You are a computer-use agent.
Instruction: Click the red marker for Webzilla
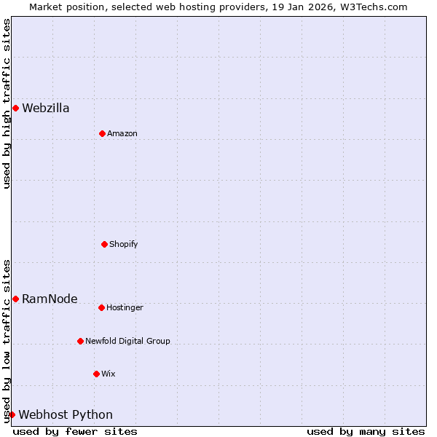point(15,108)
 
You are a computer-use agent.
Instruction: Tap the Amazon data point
point(102,133)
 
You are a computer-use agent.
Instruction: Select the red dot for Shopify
point(104,244)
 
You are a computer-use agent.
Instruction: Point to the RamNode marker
point(15,299)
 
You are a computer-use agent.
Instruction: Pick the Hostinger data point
point(101,307)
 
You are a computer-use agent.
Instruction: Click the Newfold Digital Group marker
point(80,341)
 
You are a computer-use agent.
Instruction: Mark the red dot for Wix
point(96,374)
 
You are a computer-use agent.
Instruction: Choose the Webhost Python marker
point(12,414)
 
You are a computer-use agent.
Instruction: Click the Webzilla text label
point(46,109)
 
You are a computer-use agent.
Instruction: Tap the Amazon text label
point(122,134)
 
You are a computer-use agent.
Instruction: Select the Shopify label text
point(124,245)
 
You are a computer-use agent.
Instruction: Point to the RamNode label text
point(50,299)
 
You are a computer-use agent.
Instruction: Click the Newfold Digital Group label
point(127,342)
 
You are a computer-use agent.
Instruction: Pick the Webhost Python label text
point(66,415)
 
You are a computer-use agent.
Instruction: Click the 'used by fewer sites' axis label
point(75,431)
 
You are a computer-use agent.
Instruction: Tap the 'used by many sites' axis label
point(366,431)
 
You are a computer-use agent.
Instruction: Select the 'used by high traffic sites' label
point(7,103)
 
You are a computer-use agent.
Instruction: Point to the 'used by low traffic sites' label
point(7,340)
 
